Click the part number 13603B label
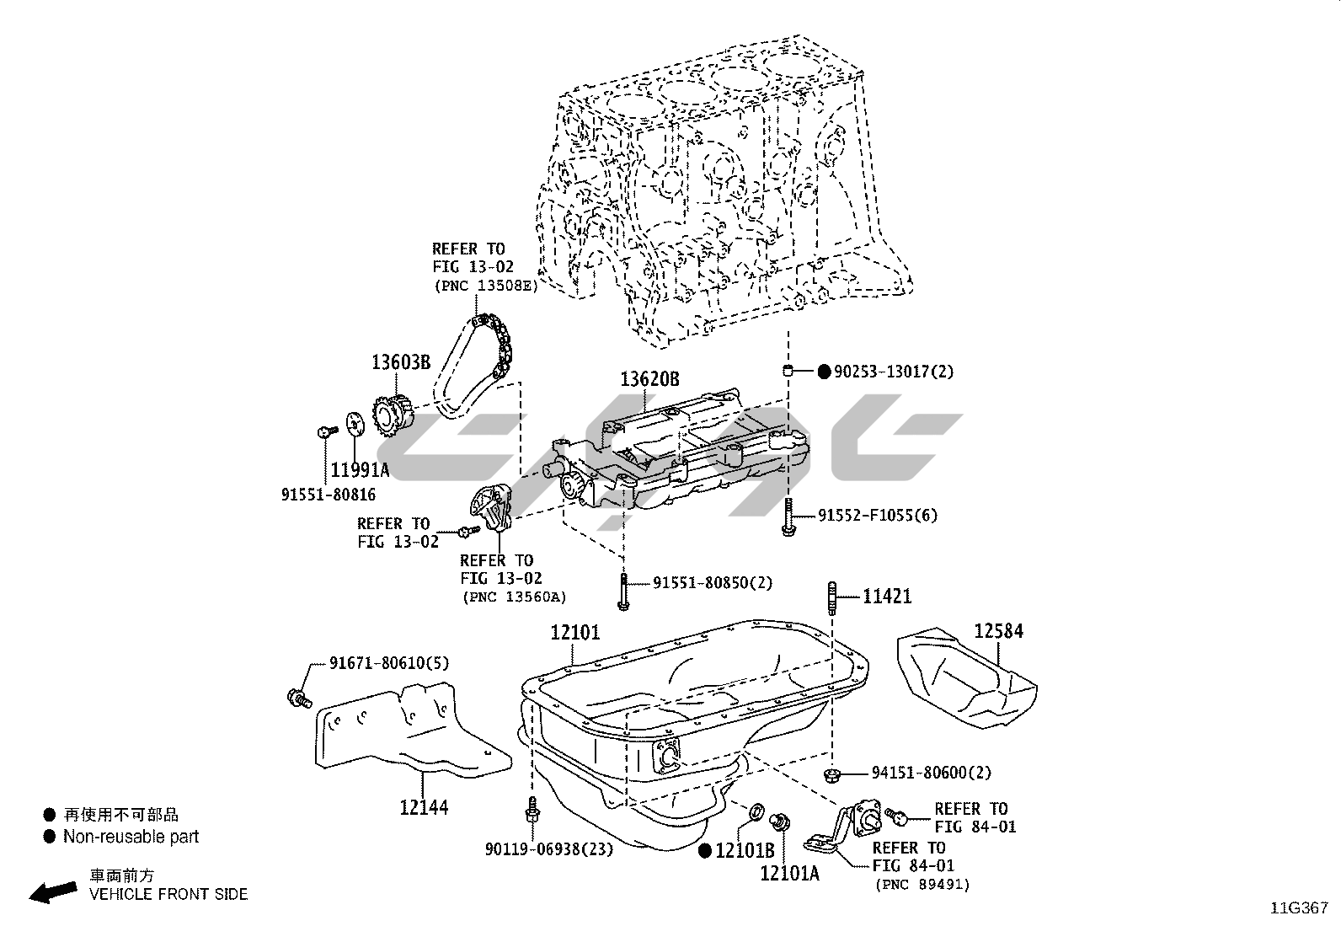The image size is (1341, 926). pyautogui.click(x=401, y=362)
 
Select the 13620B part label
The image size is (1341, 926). pyautogui.click(x=649, y=379)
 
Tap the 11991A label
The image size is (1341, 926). pyautogui.click(x=360, y=470)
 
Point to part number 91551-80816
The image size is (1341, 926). pyautogui.click(x=329, y=495)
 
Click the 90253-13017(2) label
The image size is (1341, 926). pyautogui.click(x=893, y=372)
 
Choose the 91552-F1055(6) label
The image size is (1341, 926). pyautogui.click(x=877, y=515)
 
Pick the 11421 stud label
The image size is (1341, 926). pyautogui.click(x=887, y=597)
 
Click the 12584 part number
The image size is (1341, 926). pyautogui.click(x=999, y=631)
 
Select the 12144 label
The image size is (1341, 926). pyautogui.click(x=424, y=808)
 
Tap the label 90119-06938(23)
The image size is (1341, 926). pyautogui.click(x=549, y=848)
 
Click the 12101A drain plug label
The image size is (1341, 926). pyautogui.click(x=789, y=874)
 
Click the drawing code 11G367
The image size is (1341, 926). pyautogui.click(x=1300, y=908)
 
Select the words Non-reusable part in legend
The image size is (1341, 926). pyautogui.click(x=131, y=837)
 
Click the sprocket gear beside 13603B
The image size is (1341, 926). pyautogui.click(x=389, y=414)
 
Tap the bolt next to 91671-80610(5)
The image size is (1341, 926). pyautogui.click(x=298, y=698)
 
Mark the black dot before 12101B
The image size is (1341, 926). pyautogui.click(x=705, y=851)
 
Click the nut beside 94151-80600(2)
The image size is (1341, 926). pyautogui.click(x=831, y=774)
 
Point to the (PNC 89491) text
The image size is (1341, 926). pyautogui.click(x=922, y=885)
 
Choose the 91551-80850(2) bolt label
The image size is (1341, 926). pyautogui.click(x=713, y=582)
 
